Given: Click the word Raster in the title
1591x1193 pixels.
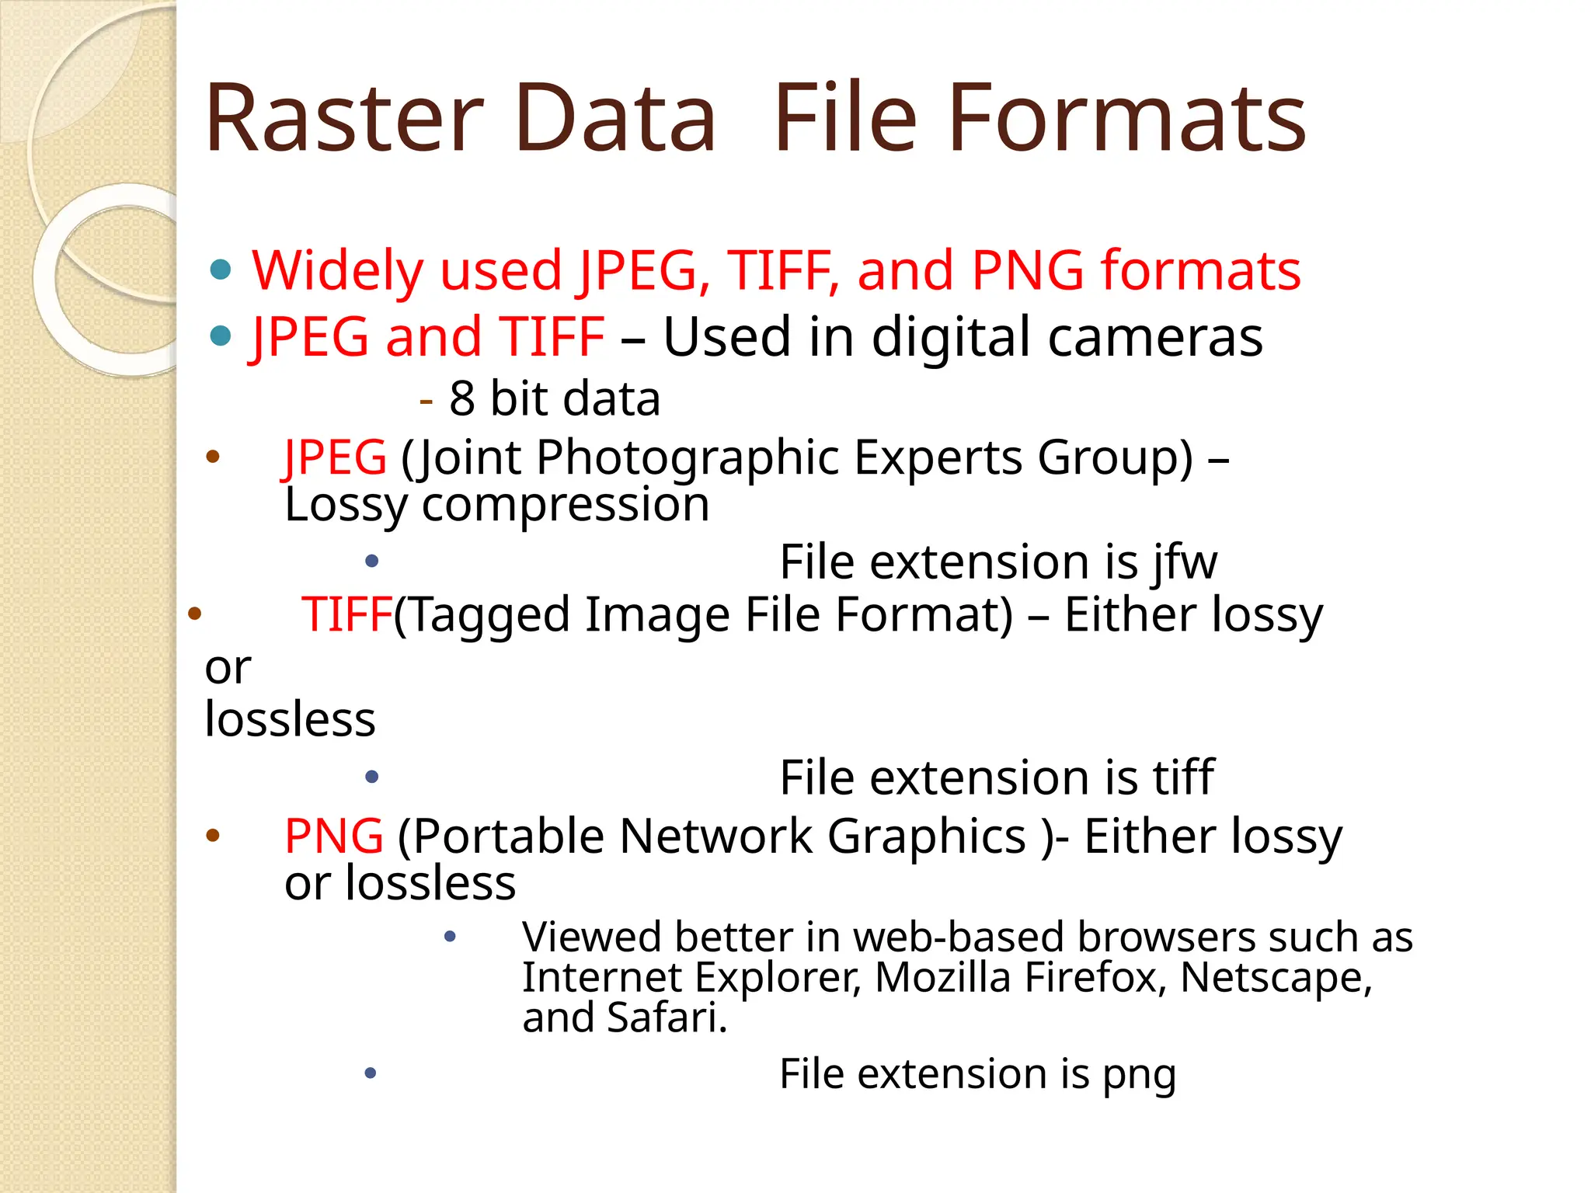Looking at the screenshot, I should pos(344,119).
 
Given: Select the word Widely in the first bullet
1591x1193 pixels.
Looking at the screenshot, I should pos(337,271).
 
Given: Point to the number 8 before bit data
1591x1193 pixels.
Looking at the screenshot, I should pos(461,398).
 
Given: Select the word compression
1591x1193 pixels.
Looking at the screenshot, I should pos(565,505).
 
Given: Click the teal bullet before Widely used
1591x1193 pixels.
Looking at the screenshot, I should pos(221,270).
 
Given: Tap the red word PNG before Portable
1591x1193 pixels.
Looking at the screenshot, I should pos(334,836).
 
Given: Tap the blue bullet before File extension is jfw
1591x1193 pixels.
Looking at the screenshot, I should pos(372,561).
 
